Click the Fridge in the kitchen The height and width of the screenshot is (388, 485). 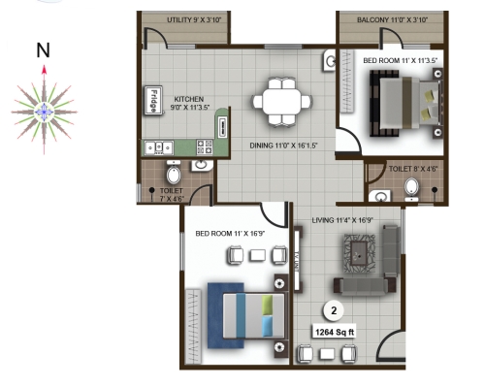pos(153,100)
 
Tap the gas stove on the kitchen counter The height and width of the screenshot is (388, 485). pos(205,147)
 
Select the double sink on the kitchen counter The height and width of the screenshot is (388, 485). pos(159,147)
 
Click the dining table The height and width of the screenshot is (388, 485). pos(282,102)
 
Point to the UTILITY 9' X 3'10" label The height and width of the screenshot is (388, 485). pos(194,20)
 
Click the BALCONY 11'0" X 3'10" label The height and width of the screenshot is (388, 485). pos(392,20)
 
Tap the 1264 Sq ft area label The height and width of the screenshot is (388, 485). pos(335,332)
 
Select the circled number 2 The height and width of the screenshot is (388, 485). pos(334,310)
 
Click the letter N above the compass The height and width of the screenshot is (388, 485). pos(43,50)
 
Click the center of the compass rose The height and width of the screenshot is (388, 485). pos(44,112)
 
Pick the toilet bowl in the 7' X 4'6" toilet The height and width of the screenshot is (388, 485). pos(174,174)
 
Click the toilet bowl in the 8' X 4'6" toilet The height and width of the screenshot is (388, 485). pos(411,189)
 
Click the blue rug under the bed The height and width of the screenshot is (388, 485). pos(226,316)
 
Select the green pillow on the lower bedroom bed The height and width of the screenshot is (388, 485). pos(267,305)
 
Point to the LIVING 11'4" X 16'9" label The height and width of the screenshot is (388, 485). pos(342,220)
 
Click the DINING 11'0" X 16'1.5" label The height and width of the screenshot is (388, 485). pos(283,145)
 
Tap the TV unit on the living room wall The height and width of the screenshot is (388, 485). pos(298,259)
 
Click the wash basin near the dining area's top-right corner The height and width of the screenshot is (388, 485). pos(329,61)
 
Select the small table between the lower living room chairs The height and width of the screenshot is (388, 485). pos(327,354)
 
